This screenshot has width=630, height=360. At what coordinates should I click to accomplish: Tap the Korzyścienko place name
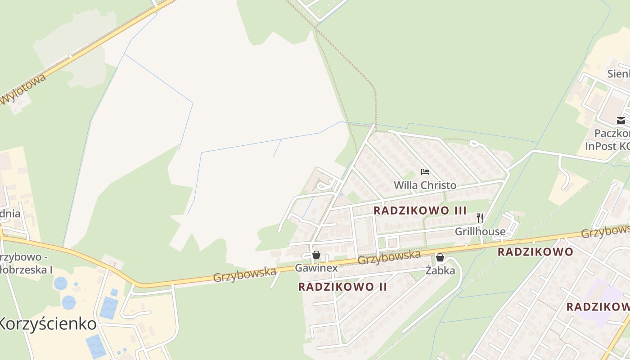(x=48, y=324)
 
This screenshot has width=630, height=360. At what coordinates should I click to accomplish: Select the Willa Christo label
(x=425, y=185)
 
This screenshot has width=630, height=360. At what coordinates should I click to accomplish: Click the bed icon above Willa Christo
(x=425, y=171)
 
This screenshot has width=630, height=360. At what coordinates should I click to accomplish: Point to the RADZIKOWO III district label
(x=420, y=210)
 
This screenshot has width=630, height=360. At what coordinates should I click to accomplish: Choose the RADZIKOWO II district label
(x=342, y=287)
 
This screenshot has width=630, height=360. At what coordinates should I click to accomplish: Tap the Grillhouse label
(x=480, y=232)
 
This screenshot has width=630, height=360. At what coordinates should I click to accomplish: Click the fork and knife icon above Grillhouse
(x=480, y=218)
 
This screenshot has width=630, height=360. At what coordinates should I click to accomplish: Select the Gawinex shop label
(x=316, y=268)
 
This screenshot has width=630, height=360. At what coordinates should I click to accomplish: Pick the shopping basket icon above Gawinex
(x=316, y=255)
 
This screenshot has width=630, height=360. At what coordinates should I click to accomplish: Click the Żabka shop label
(x=440, y=270)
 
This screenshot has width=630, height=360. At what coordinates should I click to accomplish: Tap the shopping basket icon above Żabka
(x=440, y=257)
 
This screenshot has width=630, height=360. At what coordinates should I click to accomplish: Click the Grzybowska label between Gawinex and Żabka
(x=389, y=257)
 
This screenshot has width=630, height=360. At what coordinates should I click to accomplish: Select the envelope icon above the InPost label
(x=621, y=120)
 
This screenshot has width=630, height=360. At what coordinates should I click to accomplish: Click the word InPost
(x=601, y=146)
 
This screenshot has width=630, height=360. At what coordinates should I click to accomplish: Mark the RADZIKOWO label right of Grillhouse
(x=535, y=252)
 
